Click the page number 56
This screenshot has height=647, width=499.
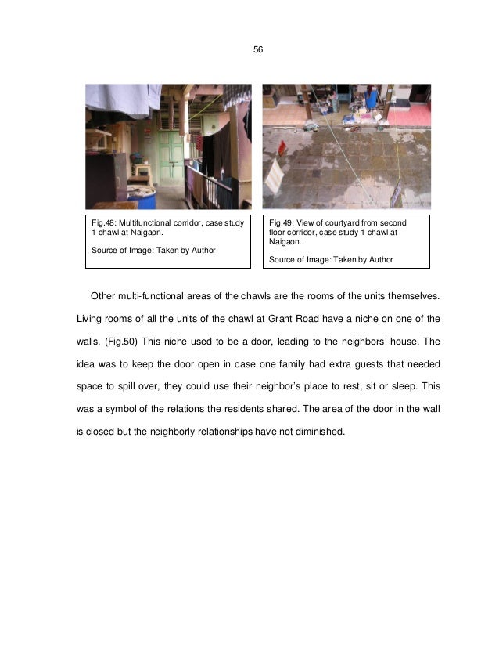258,50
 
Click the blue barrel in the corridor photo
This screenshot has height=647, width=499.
145,196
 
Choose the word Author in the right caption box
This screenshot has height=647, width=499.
378,259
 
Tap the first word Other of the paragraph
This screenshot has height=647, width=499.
104,296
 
